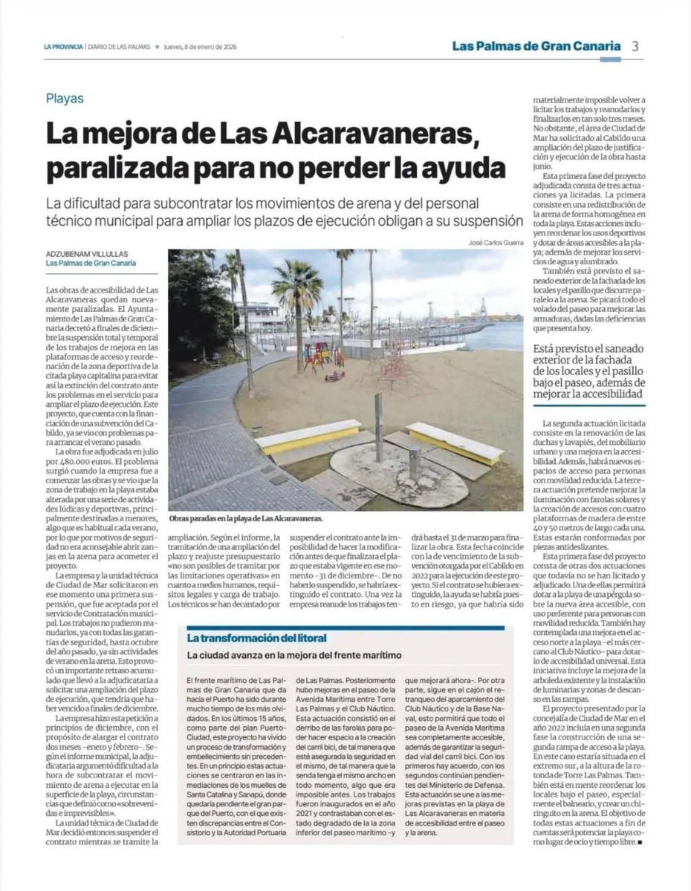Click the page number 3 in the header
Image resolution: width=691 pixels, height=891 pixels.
(x=635, y=46)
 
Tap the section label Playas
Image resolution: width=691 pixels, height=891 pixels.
(x=65, y=98)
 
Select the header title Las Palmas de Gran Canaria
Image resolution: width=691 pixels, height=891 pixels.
(x=536, y=46)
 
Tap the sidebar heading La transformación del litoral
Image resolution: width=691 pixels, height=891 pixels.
(x=256, y=638)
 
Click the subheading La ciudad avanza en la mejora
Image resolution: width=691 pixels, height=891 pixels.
(x=294, y=656)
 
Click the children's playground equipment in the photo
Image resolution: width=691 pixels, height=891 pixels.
(x=322, y=356)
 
